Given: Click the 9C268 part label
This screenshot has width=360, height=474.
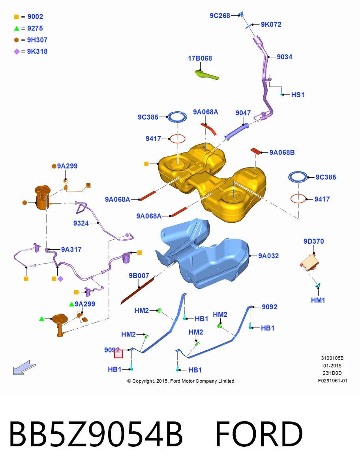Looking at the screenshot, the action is (x=220, y=16).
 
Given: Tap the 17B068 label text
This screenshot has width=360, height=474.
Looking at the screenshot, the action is (x=200, y=58).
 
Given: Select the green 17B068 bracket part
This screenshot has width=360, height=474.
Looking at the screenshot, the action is (x=206, y=75).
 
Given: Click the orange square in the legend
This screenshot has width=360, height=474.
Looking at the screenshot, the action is (x=17, y=17).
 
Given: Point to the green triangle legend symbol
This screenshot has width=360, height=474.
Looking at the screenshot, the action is (x=17, y=28).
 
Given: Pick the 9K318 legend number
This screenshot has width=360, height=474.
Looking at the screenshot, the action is (x=37, y=51).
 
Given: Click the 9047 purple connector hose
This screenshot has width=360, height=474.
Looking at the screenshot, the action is (x=236, y=131).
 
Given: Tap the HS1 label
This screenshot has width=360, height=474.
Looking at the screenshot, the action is (x=298, y=95).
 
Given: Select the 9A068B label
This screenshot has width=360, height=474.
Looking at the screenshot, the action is (x=282, y=152).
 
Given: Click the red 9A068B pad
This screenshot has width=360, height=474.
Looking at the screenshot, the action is (x=256, y=151).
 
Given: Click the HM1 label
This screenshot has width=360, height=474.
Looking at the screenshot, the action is (x=318, y=300).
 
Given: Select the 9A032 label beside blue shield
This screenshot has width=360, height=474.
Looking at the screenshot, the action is (x=268, y=256).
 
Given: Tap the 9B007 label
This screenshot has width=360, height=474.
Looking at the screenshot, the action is (x=139, y=276).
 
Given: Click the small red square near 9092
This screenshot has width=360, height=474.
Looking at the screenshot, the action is (x=118, y=354).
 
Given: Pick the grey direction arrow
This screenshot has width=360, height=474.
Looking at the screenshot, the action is (x=24, y=367).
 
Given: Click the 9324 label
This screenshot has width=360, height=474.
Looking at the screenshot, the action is (x=81, y=223).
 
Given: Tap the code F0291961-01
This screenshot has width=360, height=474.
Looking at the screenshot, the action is (x=332, y=381).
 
